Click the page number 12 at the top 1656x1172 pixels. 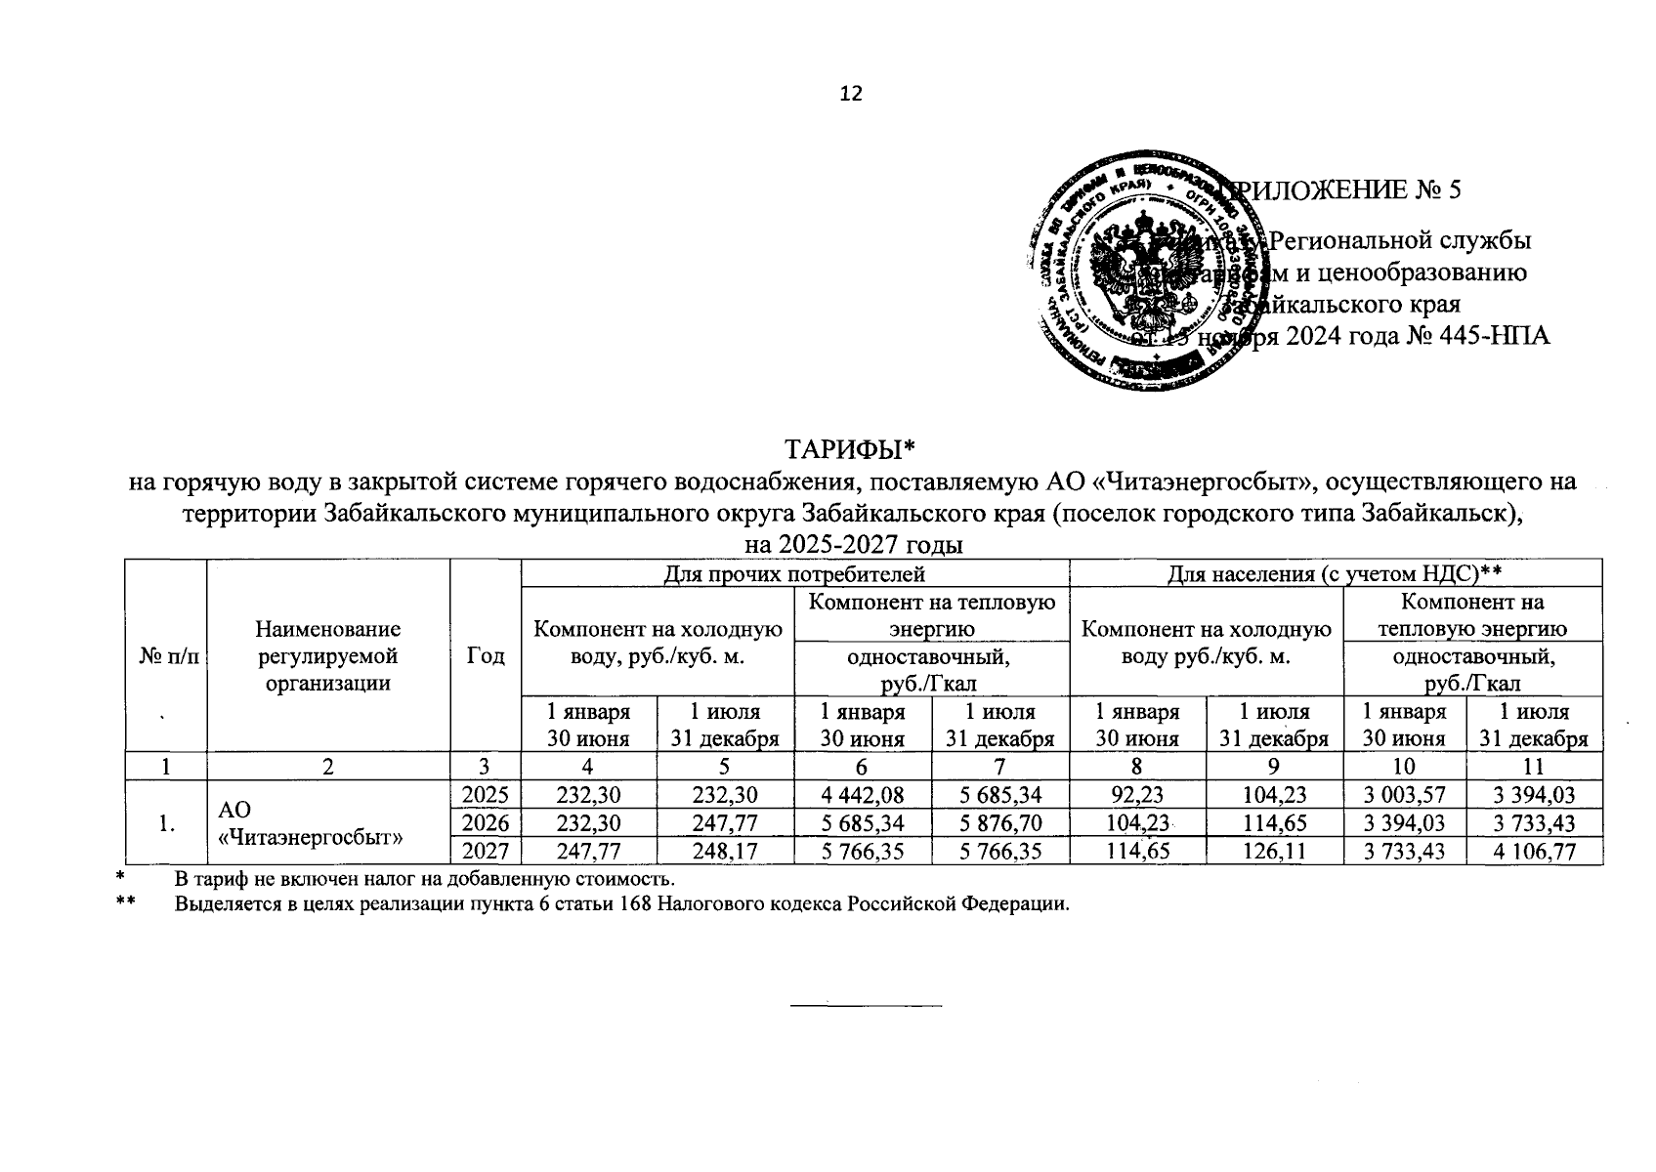(851, 94)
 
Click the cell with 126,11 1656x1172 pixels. (1274, 852)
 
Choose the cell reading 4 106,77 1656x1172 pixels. (1535, 852)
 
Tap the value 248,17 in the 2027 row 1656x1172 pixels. (725, 852)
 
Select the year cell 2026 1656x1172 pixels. (486, 822)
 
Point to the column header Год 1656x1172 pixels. (486, 655)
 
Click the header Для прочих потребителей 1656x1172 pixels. (794, 573)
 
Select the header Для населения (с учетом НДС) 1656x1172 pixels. (1335, 573)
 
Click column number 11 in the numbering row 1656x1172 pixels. (1535, 767)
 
